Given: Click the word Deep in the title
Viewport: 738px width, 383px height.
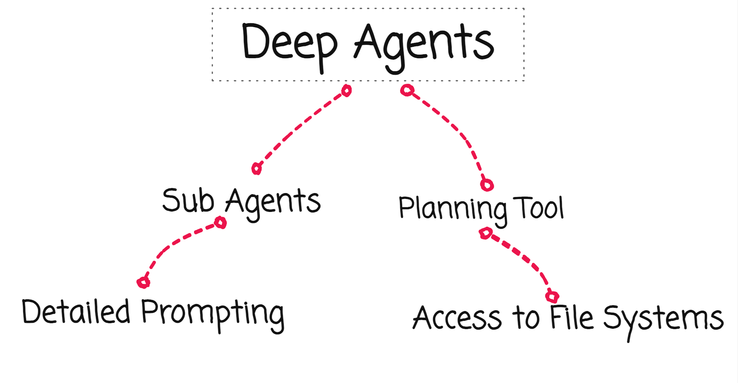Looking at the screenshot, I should [289, 42].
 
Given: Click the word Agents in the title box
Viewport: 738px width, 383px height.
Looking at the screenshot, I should [424, 43].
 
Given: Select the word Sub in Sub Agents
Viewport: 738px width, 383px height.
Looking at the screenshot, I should [188, 201].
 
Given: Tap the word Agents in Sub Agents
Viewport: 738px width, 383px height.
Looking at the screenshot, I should [273, 201].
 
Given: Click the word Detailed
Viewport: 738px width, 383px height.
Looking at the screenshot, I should [76, 312].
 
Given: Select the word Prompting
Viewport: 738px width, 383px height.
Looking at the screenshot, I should [212, 313].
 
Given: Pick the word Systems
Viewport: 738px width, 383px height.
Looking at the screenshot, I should [663, 319].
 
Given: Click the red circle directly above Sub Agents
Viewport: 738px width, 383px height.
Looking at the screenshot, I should [256, 169].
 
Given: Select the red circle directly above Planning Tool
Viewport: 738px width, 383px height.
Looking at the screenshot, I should [487, 185].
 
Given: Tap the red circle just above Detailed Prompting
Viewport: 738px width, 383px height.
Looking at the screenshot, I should [143, 282].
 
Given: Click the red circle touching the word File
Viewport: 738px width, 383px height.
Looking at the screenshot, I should [552, 296].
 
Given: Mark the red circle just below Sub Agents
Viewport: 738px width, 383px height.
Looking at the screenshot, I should [220, 223].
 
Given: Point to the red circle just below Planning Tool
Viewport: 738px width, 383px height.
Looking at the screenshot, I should [485, 233].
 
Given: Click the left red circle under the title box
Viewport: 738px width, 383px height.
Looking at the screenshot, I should [346, 90].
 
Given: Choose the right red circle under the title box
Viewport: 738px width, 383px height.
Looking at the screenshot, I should [407, 90].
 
